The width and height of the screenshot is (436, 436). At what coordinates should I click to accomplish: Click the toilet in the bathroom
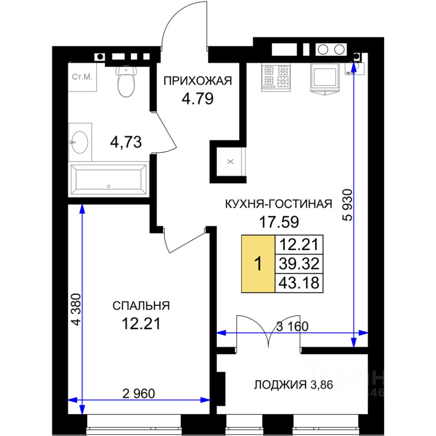tap(127, 81)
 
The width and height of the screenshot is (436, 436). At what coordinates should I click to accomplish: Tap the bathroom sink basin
tap(80, 142)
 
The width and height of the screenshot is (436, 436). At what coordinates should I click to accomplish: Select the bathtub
tap(109, 179)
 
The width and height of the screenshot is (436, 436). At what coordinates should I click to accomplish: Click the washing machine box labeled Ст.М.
tap(82, 77)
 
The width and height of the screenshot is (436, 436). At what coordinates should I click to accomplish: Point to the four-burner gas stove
tap(276, 77)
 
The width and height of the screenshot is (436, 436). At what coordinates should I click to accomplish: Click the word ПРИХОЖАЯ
tap(198, 81)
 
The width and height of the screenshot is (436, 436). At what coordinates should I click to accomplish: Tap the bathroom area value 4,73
tap(126, 142)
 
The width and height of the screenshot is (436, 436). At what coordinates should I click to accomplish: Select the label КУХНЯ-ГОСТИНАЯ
tap(278, 204)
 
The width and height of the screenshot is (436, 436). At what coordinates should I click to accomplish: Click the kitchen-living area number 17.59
tap(279, 222)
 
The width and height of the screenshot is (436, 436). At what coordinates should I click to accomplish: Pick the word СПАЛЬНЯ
tap(141, 306)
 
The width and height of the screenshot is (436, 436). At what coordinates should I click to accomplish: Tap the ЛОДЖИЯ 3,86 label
tap(293, 385)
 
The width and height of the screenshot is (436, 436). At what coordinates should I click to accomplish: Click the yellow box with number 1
tap(258, 263)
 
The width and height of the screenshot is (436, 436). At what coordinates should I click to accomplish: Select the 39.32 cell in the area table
tap(299, 263)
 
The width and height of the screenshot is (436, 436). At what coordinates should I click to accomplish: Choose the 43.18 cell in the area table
tap(299, 283)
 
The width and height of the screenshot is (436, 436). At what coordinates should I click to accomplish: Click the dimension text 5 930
tap(347, 205)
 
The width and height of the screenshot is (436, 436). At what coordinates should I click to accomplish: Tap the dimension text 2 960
tap(139, 393)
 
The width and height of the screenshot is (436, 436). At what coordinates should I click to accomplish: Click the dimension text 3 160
tap(292, 326)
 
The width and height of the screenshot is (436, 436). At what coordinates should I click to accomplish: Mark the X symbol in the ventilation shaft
tap(230, 161)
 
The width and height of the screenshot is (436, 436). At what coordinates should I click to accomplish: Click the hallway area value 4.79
tap(198, 99)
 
